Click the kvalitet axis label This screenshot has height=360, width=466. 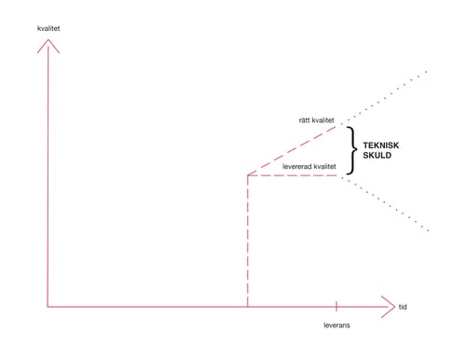(x=48, y=28)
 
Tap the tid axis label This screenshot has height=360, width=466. (x=403, y=307)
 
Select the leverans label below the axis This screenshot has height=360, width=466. (x=336, y=325)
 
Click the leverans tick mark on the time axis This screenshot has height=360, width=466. (x=336, y=306)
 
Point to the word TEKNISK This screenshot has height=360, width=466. (x=381, y=145)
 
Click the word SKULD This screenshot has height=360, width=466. (x=377, y=155)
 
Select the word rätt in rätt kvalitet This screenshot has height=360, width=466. (x=304, y=120)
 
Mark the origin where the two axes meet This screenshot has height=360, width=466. (x=48, y=307)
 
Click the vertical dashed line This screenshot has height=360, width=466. (x=248, y=242)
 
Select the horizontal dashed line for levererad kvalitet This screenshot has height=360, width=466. (x=293, y=175)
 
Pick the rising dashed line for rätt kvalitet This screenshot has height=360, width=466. (x=292, y=151)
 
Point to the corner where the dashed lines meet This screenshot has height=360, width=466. (x=248, y=175)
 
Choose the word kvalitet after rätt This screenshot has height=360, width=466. (x=322, y=120)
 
